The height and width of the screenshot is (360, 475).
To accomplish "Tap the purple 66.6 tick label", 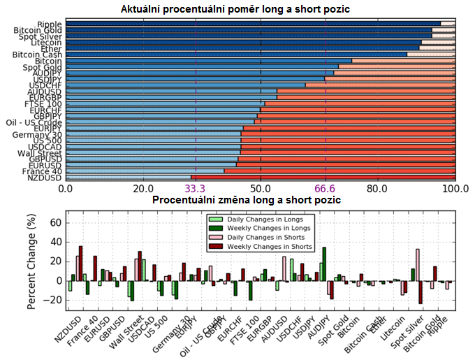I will (326, 189).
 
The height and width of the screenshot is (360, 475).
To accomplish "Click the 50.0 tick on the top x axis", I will (261, 189).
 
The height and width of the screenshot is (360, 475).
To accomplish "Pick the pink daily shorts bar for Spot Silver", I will (417, 265).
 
